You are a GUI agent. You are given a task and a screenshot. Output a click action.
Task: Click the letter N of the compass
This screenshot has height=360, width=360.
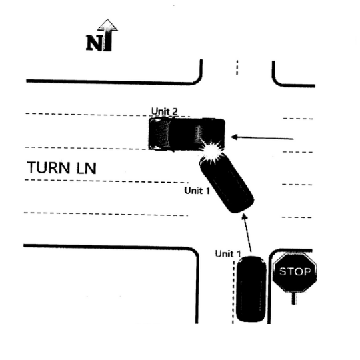click(x=93, y=43)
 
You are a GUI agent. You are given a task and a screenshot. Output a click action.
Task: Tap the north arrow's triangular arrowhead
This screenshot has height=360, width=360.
click(x=108, y=25)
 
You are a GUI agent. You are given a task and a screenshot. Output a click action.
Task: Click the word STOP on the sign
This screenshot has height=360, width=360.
click(x=295, y=271)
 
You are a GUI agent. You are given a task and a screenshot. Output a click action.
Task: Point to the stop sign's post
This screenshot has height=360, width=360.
click(x=294, y=298)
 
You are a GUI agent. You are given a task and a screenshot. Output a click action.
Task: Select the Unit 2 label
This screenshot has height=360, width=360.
click(x=165, y=111)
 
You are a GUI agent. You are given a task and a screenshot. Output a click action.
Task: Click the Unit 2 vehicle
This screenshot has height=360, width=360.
click(x=187, y=134)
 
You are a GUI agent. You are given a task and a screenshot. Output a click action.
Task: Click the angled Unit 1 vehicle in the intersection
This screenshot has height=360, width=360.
click(x=227, y=183)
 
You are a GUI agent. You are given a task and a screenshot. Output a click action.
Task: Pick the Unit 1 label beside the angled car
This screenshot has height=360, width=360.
click(x=197, y=191)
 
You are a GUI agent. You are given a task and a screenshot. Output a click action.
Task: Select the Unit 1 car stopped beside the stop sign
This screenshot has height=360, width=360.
click(x=251, y=289)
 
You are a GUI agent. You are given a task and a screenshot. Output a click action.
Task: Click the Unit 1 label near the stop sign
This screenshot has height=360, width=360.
click(x=228, y=254)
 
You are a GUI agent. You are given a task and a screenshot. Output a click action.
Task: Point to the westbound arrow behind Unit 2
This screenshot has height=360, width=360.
click(x=262, y=138)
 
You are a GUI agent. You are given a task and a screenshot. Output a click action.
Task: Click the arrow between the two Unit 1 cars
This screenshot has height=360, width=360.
click(x=247, y=233)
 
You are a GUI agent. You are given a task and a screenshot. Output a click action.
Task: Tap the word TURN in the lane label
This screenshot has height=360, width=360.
click(x=49, y=167)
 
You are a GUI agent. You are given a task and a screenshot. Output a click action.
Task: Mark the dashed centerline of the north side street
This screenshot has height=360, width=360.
click(x=237, y=67)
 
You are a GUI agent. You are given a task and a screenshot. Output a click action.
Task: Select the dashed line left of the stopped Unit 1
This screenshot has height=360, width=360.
click(x=233, y=292)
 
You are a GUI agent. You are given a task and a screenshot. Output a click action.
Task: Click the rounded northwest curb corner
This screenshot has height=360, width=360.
click(x=197, y=79)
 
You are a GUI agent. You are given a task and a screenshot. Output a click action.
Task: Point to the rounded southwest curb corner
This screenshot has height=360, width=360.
click(x=195, y=251)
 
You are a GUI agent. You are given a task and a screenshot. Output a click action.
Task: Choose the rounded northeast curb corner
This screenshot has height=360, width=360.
click(x=276, y=81)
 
